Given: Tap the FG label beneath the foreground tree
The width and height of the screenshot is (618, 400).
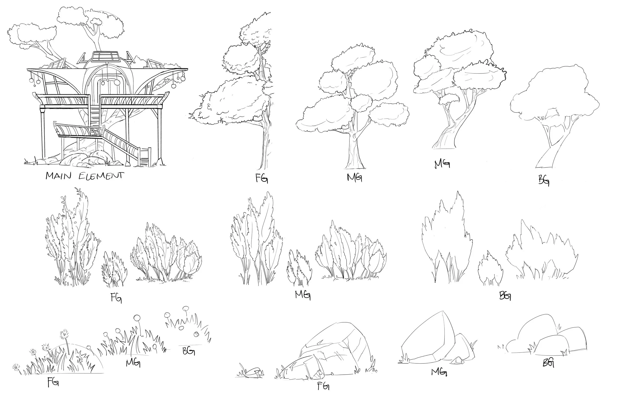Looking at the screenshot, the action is pos(262,178).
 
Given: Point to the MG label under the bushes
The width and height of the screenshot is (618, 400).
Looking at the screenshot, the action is pos(303,295).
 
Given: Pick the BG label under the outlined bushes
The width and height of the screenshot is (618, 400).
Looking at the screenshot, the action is pos(505,295).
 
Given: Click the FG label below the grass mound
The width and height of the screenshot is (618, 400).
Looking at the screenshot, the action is pos(53,382).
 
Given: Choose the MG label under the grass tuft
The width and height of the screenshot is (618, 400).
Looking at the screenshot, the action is pos(133,362).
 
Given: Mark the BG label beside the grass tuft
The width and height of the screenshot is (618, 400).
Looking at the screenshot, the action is pos(189,351).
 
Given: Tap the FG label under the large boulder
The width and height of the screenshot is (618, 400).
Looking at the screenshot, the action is pos(323,386).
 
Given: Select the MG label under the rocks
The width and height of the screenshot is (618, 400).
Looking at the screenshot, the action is pos(439,372).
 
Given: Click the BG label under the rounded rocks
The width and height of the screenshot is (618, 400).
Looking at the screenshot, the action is pos(548,363).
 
